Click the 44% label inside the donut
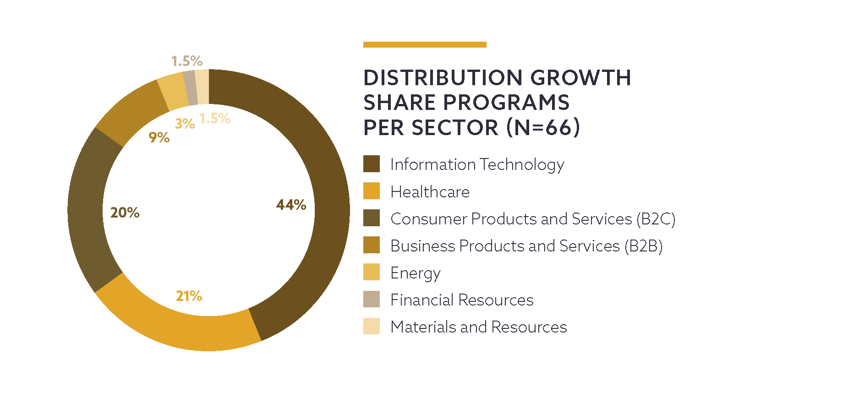291,205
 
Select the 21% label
189,296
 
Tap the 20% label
125,213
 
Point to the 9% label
159,137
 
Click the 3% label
185,124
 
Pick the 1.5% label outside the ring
186,61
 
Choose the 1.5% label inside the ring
215,119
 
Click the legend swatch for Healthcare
371,191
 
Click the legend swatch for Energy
371,272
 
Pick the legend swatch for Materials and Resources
371,326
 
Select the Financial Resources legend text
462,300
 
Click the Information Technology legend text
477,164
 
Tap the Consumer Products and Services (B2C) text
533,219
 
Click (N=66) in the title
543,127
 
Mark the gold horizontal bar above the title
425,44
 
